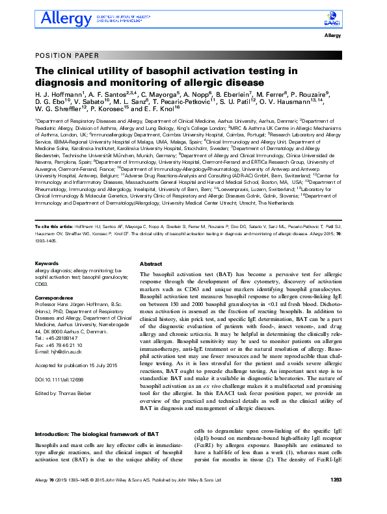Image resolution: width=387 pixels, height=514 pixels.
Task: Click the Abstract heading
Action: tap(151, 264)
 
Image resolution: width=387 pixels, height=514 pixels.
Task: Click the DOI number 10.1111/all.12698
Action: tap(62, 379)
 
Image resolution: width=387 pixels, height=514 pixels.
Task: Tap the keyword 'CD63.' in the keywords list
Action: tap(42, 284)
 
